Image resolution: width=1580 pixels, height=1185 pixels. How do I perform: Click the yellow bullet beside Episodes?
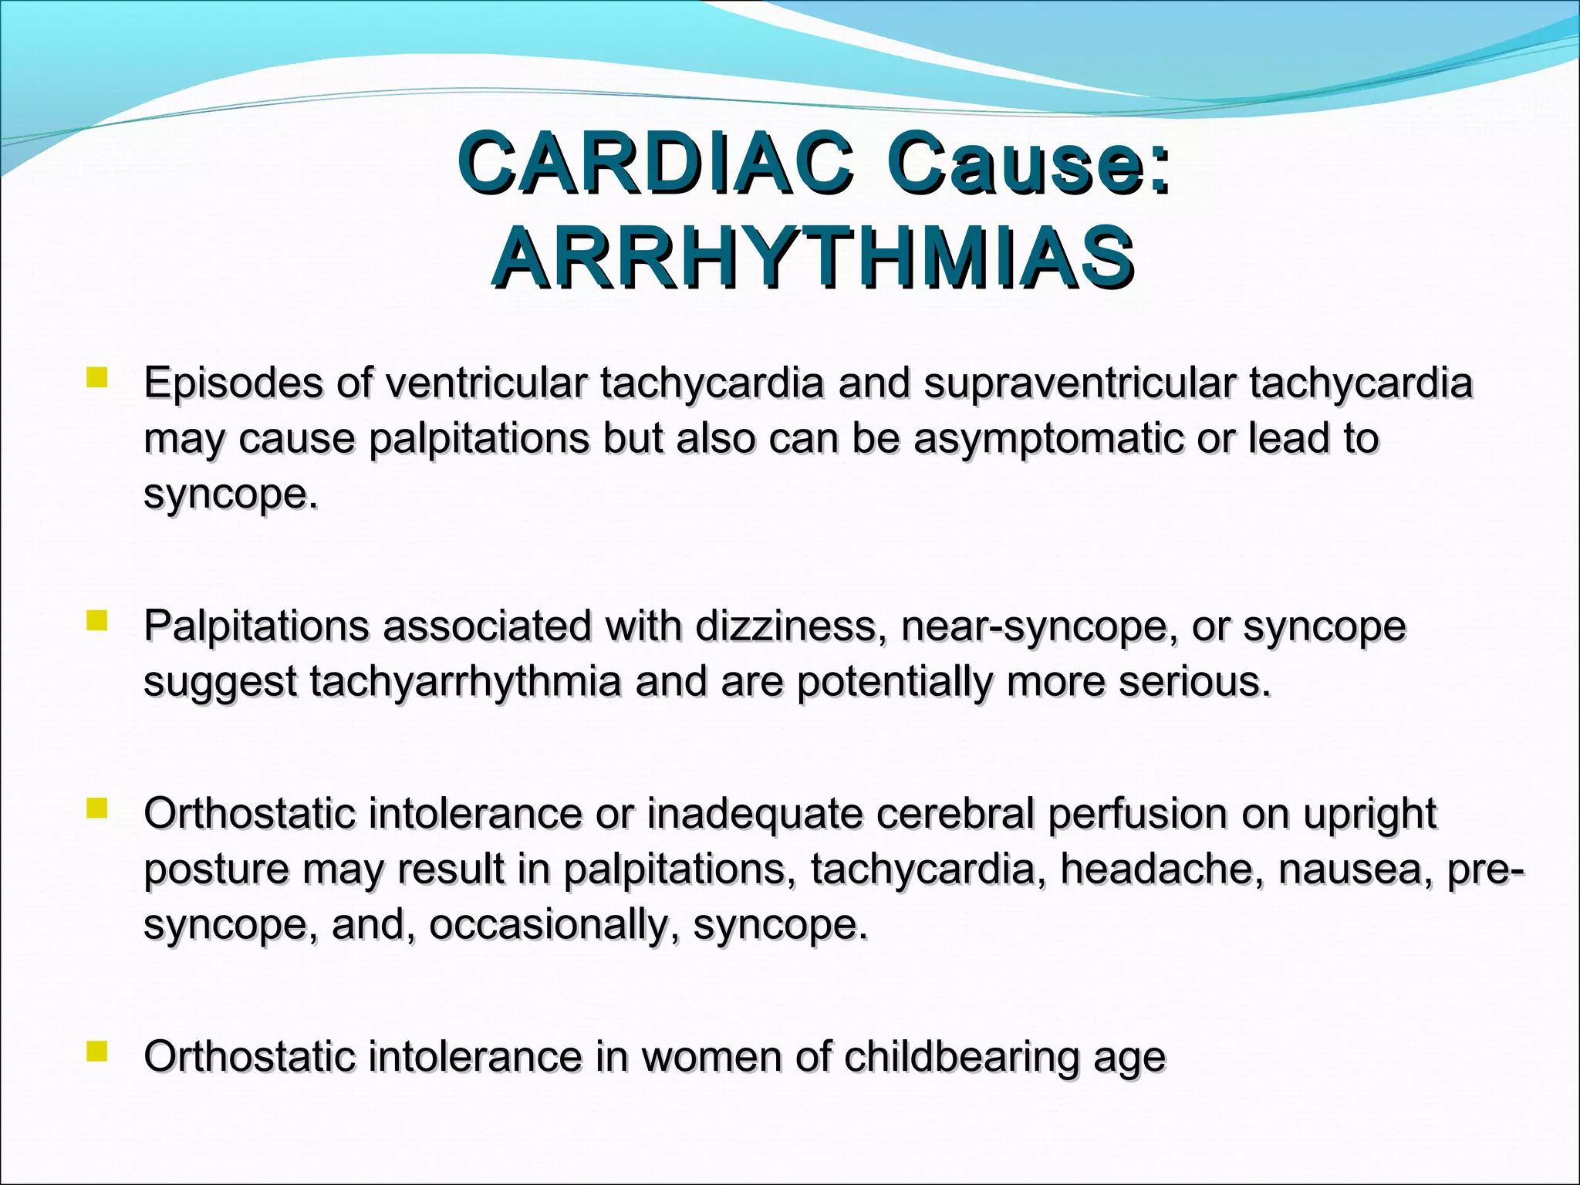pyautogui.click(x=96, y=378)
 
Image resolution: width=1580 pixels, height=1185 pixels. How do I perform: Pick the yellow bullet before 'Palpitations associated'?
pyautogui.click(x=96, y=621)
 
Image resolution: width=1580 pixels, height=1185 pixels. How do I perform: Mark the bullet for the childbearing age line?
pyautogui.click(x=96, y=1052)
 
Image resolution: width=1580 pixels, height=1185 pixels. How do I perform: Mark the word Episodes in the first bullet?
pyautogui.click(x=233, y=383)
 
